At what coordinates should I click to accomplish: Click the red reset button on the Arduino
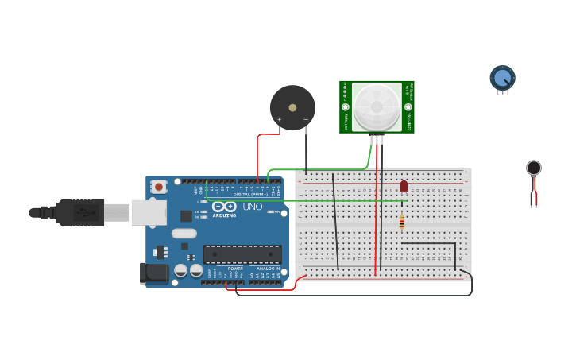click(159, 187)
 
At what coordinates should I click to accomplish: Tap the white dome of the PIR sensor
click(377, 106)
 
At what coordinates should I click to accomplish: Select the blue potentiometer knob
click(502, 78)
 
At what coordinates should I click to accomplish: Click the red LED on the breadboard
click(404, 186)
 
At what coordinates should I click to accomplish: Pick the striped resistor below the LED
click(401, 223)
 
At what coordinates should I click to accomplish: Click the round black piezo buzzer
click(292, 107)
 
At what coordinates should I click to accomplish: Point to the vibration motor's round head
click(534, 168)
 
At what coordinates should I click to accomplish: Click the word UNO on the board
click(252, 207)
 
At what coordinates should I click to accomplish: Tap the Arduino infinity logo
click(224, 206)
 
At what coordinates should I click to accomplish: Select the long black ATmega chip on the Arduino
click(242, 254)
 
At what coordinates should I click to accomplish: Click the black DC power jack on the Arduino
click(154, 273)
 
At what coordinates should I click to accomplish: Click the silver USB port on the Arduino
click(149, 212)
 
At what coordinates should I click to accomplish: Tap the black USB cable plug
click(79, 212)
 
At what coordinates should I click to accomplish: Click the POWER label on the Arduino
click(235, 269)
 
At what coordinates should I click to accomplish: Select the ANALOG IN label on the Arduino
click(268, 269)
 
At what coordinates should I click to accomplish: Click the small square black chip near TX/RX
click(186, 215)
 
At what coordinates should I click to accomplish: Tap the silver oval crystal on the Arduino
click(184, 234)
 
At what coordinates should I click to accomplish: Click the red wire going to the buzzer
click(258, 155)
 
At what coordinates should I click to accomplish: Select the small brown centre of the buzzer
click(292, 107)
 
